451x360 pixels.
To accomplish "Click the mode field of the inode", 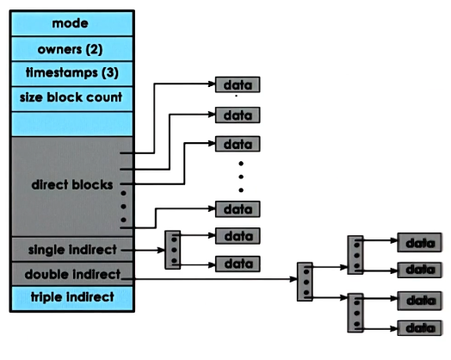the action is tap(72, 23).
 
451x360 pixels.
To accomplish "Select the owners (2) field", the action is tap(72, 49).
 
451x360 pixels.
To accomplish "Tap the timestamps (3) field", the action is tap(72, 74).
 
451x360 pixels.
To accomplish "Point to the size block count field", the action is tap(72, 99).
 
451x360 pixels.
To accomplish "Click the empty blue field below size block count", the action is tap(72, 124).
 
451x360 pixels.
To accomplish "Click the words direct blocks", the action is tap(72, 185).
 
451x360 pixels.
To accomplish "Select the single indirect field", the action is tap(72, 249).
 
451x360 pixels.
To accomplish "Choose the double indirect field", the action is tap(72, 274).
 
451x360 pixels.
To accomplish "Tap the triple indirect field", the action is tap(72, 298).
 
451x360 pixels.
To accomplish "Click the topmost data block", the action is tap(238, 84).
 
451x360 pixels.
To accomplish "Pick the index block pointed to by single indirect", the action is tap(173, 250).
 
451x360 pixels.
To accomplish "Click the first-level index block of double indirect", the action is tap(305, 282).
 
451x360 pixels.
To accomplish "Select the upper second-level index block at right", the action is tap(355, 255).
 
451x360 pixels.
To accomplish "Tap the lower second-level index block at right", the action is tap(355, 313).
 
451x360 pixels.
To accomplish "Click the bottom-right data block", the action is tap(420, 328).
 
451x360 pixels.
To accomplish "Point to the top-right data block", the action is tap(420, 243).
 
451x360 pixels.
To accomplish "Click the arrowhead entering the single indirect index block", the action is tap(161, 251).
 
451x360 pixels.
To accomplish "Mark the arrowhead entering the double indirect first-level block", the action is tap(293, 279).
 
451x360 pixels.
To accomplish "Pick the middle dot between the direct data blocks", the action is tap(241, 177).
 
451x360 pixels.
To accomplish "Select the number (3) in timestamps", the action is tap(110, 72).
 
